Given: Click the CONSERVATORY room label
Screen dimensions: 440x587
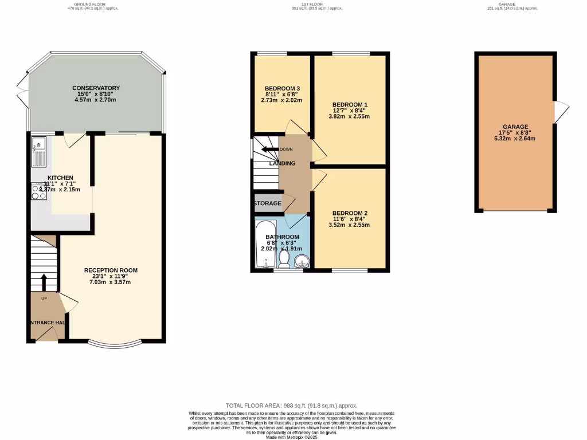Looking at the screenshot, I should (96, 88).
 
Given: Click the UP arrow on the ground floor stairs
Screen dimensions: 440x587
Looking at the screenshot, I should (44, 282).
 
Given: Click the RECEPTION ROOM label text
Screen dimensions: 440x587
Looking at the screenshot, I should (111, 270).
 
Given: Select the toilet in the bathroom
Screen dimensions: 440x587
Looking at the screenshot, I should (284, 260).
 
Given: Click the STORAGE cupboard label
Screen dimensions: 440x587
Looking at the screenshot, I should (268, 203).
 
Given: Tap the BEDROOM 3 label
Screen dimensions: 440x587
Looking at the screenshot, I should (283, 88).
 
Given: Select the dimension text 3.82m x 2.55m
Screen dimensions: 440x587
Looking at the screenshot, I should (349, 116).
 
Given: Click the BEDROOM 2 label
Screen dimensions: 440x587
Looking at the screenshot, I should (350, 213).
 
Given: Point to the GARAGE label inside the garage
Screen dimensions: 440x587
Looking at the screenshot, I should (515, 127).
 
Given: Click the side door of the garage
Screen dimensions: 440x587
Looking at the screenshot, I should (560, 111).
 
